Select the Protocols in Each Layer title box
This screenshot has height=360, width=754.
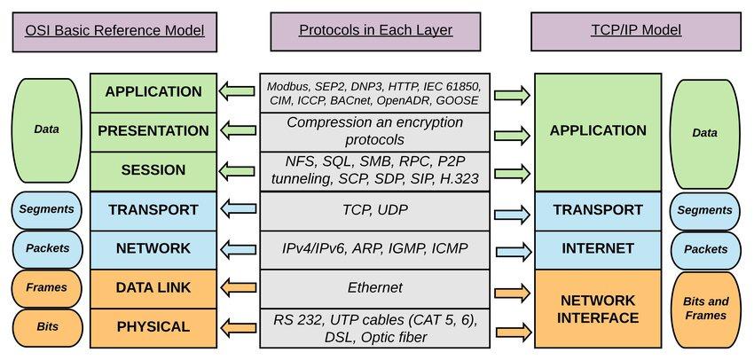(x=375, y=31)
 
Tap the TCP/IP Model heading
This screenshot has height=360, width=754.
(x=636, y=31)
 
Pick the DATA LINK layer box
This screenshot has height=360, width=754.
(x=153, y=289)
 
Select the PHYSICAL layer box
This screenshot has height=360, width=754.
(x=153, y=328)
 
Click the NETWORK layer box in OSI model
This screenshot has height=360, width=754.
(x=153, y=250)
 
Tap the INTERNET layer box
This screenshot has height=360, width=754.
(x=598, y=250)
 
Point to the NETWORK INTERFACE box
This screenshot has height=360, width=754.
(x=598, y=309)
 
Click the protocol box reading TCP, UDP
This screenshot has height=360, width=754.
(x=375, y=210)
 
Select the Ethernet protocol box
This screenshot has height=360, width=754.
(x=375, y=289)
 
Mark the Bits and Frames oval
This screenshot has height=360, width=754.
(x=706, y=309)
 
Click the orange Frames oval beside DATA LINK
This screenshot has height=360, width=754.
(x=47, y=287)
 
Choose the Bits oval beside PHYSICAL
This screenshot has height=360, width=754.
(x=47, y=327)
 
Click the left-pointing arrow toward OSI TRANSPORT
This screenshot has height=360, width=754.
(x=237, y=208)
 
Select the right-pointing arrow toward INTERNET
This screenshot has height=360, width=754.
(x=514, y=251)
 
